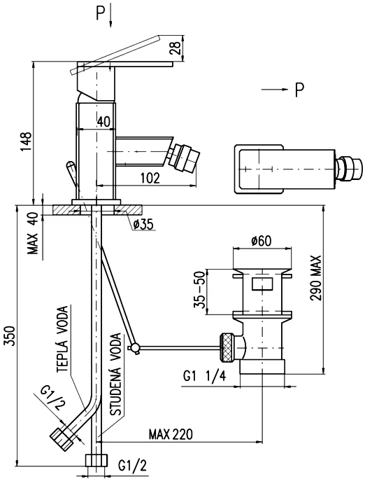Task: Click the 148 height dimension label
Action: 27,141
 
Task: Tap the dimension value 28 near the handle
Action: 176,48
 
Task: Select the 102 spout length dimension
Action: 150,178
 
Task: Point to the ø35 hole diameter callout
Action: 143,225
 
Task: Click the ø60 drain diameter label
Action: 262,241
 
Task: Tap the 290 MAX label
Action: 316,278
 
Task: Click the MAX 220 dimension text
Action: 171,433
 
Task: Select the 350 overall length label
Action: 10,337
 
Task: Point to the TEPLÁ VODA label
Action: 62,339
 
